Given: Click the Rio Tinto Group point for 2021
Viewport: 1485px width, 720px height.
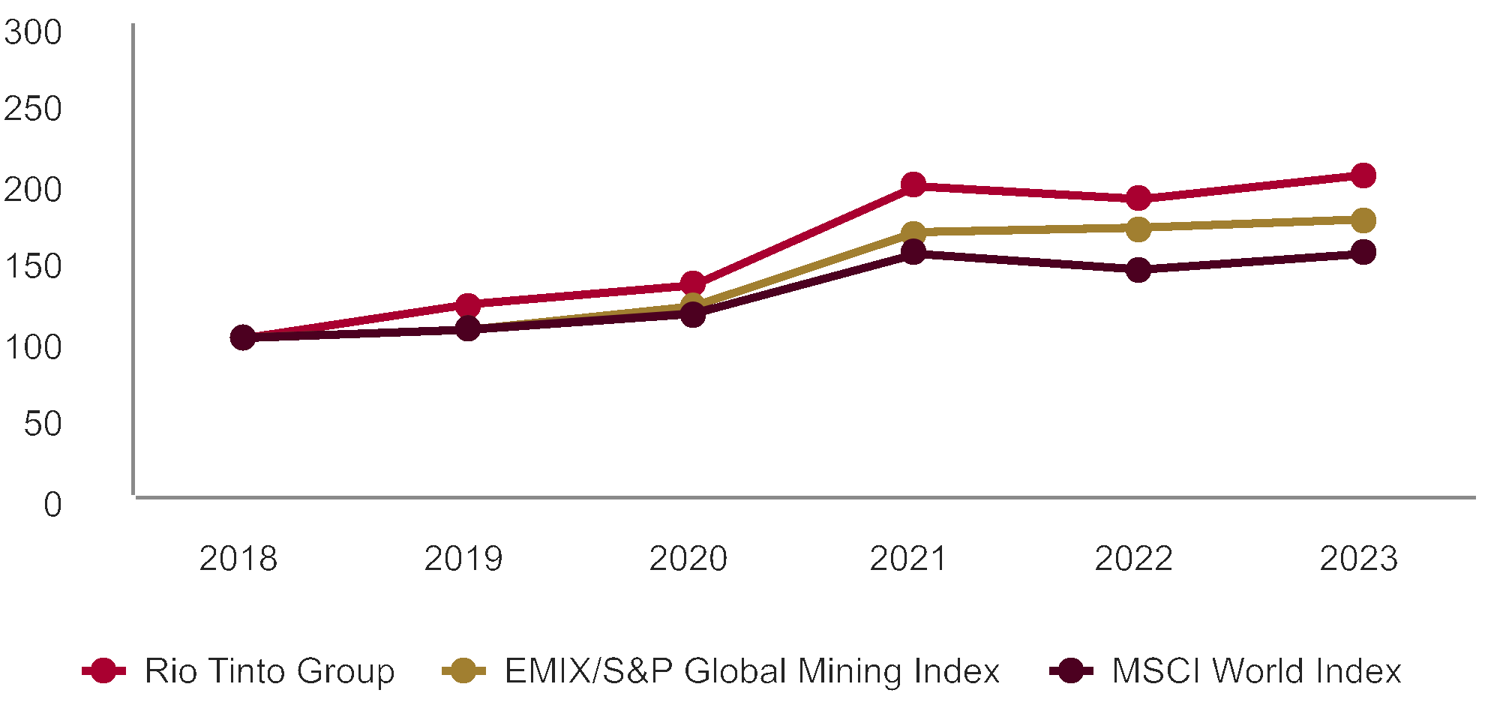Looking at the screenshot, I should [x=913, y=184].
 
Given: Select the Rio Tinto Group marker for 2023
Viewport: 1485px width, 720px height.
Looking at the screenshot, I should [x=1363, y=175].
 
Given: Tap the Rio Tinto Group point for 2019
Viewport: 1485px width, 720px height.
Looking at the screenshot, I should [x=468, y=304].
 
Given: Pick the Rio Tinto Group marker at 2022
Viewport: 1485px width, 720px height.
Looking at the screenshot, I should [x=1138, y=199].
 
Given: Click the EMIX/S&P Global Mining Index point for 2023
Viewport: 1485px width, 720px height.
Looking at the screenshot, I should [x=1363, y=220].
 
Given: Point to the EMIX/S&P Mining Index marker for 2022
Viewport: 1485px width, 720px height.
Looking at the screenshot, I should [x=1138, y=229].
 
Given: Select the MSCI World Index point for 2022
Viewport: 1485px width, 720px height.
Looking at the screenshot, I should [x=1138, y=269].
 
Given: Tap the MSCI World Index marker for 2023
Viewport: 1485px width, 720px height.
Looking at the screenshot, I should [x=1363, y=252].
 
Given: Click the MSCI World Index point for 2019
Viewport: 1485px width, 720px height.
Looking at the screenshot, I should [x=468, y=328].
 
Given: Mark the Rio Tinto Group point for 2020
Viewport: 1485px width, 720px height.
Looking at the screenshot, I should [x=692, y=283].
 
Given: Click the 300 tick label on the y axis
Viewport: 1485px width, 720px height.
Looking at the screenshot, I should [x=33, y=33].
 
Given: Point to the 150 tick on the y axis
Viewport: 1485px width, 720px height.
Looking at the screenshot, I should [x=33, y=267].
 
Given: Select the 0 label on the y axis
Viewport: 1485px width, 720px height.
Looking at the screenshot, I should [x=52, y=505].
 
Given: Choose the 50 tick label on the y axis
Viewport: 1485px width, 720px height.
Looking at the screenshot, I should [x=43, y=424].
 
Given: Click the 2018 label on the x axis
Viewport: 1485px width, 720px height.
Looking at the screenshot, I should [x=238, y=559].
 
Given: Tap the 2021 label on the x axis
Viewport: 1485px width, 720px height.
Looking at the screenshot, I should [x=908, y=559].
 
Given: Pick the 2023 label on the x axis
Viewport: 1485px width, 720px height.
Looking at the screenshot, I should [x=1358, y=559].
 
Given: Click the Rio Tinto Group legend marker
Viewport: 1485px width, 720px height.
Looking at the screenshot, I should [x=103, y=670].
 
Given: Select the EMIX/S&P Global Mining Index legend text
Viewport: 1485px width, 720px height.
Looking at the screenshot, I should [x=752, y=670].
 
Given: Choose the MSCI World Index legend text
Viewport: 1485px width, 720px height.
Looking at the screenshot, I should [x=1256, y=670].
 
